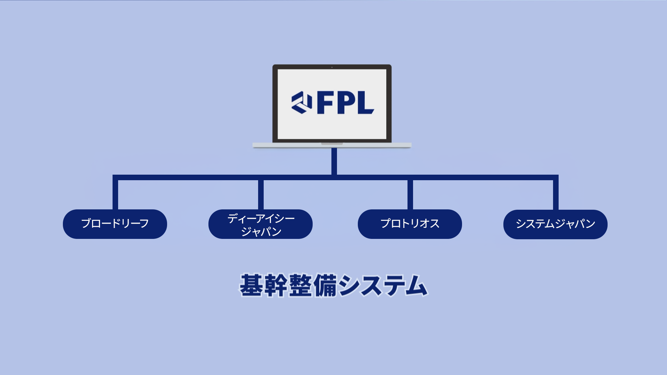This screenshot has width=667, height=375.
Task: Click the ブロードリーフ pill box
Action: [115, 224]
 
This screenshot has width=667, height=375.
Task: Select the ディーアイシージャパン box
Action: [261, 224]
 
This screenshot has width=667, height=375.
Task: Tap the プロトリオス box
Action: [410, 224]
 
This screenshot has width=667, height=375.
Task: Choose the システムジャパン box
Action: [555, 224]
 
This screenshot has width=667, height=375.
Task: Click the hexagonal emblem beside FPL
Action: [302, 102]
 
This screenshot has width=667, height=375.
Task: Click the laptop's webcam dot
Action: [332, 67]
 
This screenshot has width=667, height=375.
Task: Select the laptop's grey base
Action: [332, 145]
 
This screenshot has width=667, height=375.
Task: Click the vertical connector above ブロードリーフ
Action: [115, 194]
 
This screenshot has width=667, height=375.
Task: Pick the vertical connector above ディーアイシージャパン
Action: [261, 194]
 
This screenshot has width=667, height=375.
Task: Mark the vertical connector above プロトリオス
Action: [410, 194]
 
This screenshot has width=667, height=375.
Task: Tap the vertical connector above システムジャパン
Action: [556, 194]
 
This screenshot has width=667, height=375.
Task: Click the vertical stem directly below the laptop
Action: [334, 161]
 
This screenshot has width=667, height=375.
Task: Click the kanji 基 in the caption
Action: [251, 285]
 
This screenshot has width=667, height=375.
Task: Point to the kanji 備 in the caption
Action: [325, 285]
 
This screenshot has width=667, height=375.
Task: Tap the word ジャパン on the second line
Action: [261, 232]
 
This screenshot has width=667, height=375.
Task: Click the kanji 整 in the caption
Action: [300, 285]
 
